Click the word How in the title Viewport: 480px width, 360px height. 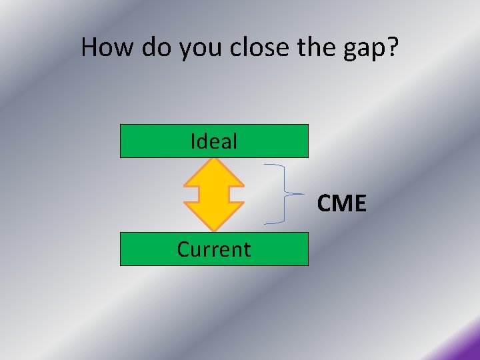coord(105,47)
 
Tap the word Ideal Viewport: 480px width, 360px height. coord(214,141)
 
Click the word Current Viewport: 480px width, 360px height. coord(214,249)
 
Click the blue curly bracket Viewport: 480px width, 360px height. coord(285,193)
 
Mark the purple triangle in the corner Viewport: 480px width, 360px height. coord(467,348)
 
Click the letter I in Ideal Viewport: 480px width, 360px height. coord(193,141)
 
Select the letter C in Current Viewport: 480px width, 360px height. coord(184,249)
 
